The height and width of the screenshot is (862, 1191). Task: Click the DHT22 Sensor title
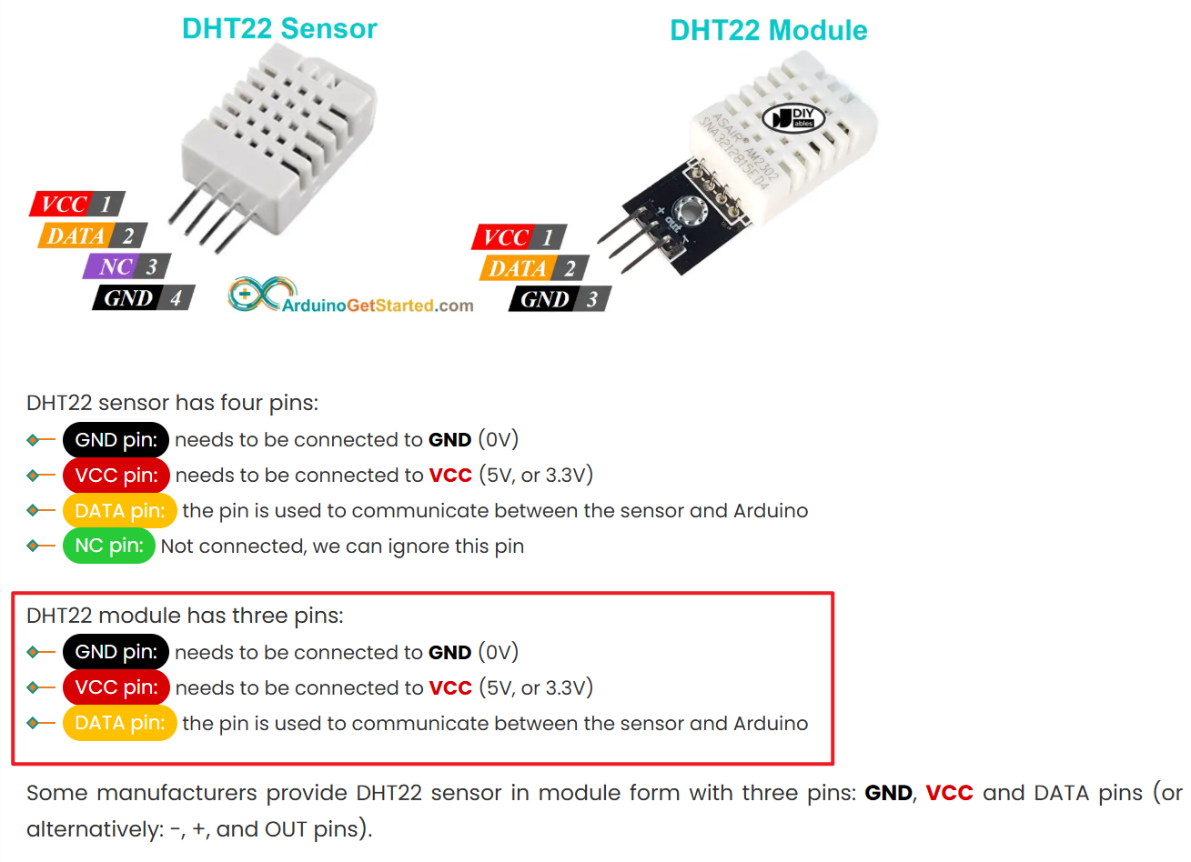click(x=279, y=29)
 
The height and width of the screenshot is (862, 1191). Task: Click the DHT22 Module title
click(x=768, y=30)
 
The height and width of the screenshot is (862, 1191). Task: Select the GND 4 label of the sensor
click(x=143, y=297)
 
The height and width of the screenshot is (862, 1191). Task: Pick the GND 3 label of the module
click(x=560, y=299)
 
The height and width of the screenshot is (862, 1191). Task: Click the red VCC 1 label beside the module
click(x=519, y=237)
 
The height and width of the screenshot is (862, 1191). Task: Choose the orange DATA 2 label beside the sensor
click(x=93, y=236)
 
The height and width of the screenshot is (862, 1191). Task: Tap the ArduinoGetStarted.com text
click(x=378, y=306)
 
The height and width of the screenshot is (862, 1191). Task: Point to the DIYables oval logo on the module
click(x=793, y=118)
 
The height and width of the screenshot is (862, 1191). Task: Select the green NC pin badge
click(x=109, y=546)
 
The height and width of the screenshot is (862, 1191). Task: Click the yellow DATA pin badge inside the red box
click(x=119, y=723)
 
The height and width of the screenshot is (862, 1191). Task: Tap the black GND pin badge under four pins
click(x=116, y=439)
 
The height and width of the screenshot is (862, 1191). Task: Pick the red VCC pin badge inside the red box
click(x=116, y=687)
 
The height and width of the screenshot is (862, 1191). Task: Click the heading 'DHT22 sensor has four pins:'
click(x=172, y=403)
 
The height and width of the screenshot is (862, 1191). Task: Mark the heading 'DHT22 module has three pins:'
click(x=185, y=616)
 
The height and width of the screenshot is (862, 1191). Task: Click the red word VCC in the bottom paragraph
click(x=949, y=793)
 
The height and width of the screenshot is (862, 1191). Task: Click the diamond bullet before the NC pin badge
click(x=33, y=546)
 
